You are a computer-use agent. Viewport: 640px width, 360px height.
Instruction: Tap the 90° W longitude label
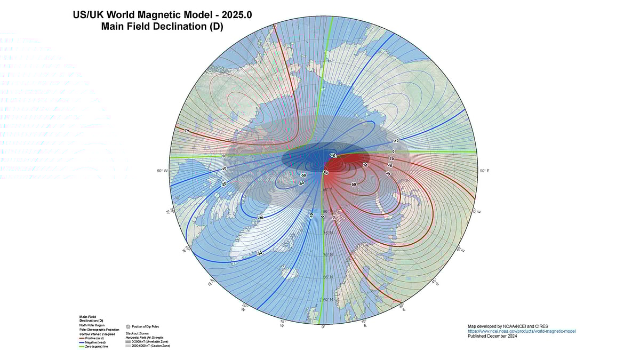(x=162, y=171)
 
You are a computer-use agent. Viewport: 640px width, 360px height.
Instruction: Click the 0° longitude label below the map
(x=323, y=327)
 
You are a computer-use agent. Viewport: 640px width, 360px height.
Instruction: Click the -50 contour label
(x=303, y=175)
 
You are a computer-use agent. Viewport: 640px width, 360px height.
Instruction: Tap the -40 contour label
(x=301, y=183)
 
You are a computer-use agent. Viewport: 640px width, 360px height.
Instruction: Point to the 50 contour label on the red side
(x=354, y=184)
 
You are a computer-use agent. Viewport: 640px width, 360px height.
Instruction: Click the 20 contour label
(x=390, y=166)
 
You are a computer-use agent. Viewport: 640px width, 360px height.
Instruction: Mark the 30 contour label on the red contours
(x=388, y=173)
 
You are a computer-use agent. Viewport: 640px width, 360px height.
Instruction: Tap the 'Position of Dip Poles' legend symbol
(x=128, y=326)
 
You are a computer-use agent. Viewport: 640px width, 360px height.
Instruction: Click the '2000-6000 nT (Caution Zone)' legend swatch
(x=128, y=346)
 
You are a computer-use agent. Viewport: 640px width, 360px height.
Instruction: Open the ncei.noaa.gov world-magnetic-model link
(x=522, y=331)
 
